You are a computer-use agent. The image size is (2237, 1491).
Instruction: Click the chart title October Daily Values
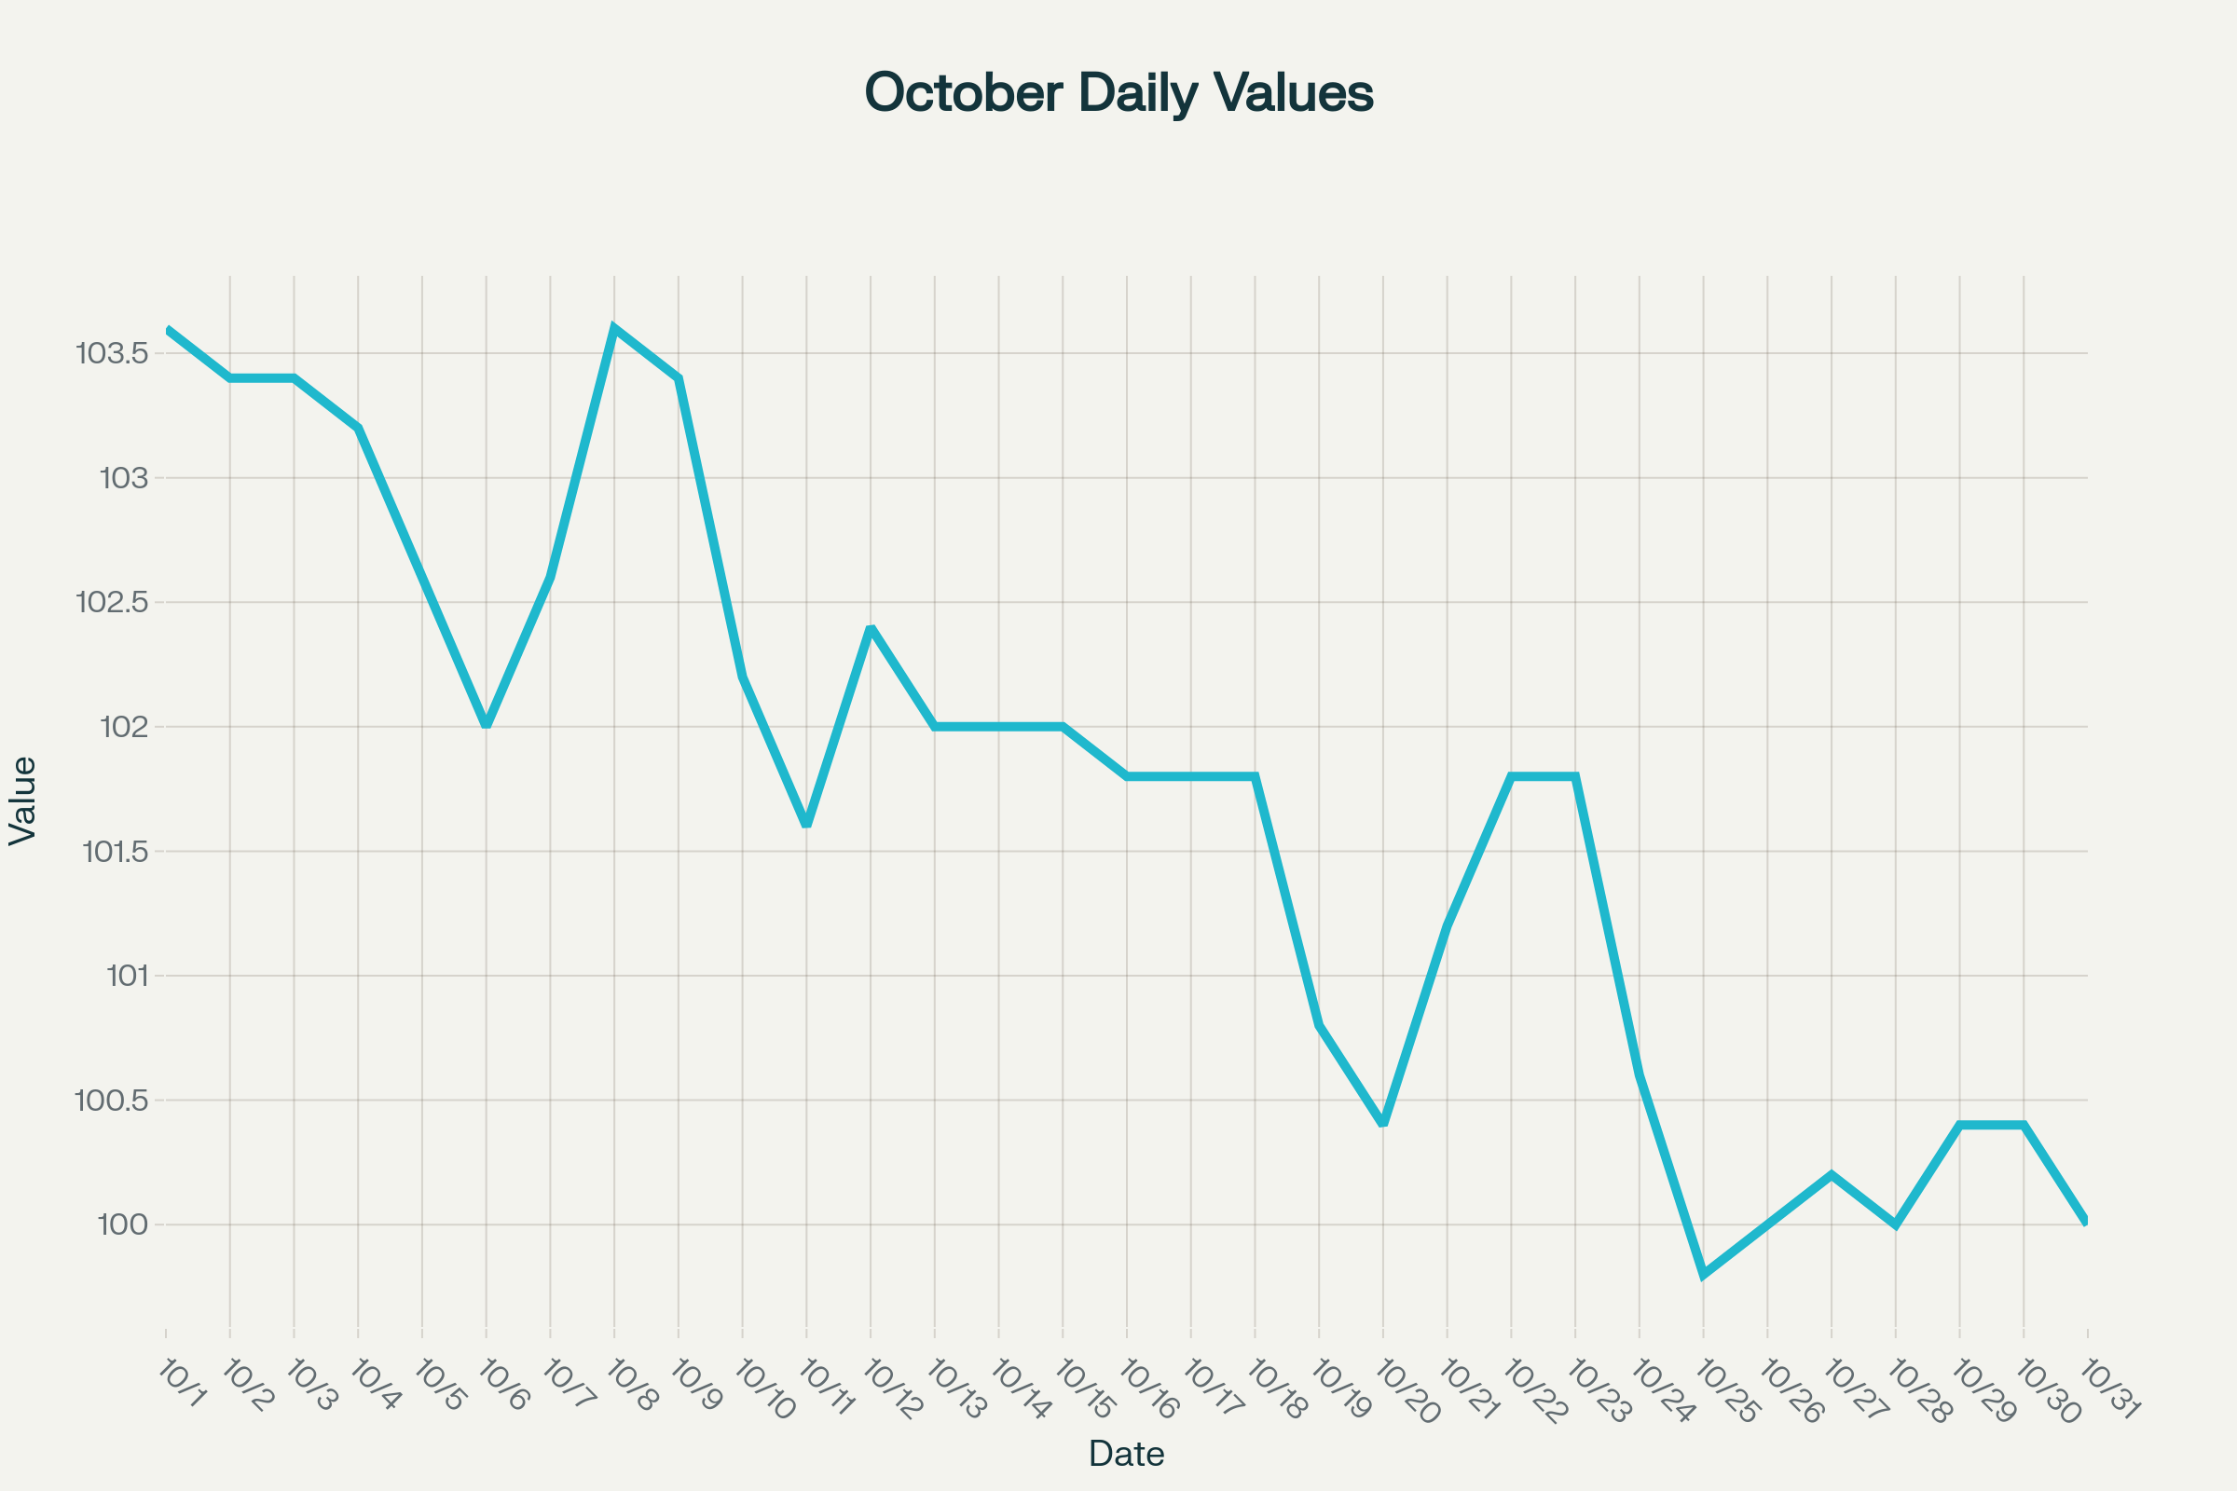pyautogui.click(x=1118, y=93)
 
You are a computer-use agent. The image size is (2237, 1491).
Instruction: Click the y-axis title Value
pyautogui.click(x=22, y=800)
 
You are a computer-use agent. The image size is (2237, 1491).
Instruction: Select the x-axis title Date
pyautogui.click(x=1126, y=1454)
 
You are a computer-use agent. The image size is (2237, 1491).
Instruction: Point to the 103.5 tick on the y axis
pyautogui.click(x=112, y=354)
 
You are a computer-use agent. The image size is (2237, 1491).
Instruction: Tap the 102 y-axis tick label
pyautogui.click(x=124, y=728)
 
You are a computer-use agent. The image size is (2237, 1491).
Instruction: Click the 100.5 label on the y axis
pyautogui.click(x=112, y=1101)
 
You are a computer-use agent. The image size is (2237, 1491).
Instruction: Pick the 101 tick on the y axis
pyautogui.click(x=128, y=977)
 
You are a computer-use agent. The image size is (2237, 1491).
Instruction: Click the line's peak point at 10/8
pyautogui.click(x=614, y=329)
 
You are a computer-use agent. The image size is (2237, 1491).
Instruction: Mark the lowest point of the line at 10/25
pyautogui.click(x=1704, y=1274)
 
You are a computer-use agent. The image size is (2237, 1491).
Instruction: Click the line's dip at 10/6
pyautogui.click(x=486, y=727)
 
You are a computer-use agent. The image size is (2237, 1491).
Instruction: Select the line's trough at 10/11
pyautogui.click(x=806, y=826)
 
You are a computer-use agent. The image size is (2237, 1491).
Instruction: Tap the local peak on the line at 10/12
pyautogui.click(x=871, y=628)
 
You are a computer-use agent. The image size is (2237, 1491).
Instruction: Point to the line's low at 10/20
pyautogui.click(x=1383, y=1124)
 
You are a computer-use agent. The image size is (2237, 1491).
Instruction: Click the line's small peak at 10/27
pyautogui.click(x=1832, y=1175)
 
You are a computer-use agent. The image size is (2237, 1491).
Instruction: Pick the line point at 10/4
pyautogui.click(x=358, y=428)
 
